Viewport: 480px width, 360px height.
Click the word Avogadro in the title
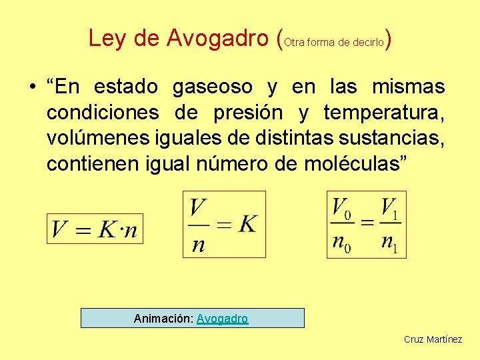click(218, 39)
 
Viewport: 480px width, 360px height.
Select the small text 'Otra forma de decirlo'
click(334, 42)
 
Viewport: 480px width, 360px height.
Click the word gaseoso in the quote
click(213, 87)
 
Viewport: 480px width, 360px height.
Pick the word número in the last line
click(229, 164)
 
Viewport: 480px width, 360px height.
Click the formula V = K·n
click(95, 229)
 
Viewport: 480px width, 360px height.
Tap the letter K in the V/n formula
click(247, 224)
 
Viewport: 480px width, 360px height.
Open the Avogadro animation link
click(223, 319)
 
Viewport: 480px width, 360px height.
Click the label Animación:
click(163, 319)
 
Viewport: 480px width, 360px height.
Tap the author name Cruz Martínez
click(433, 339)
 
